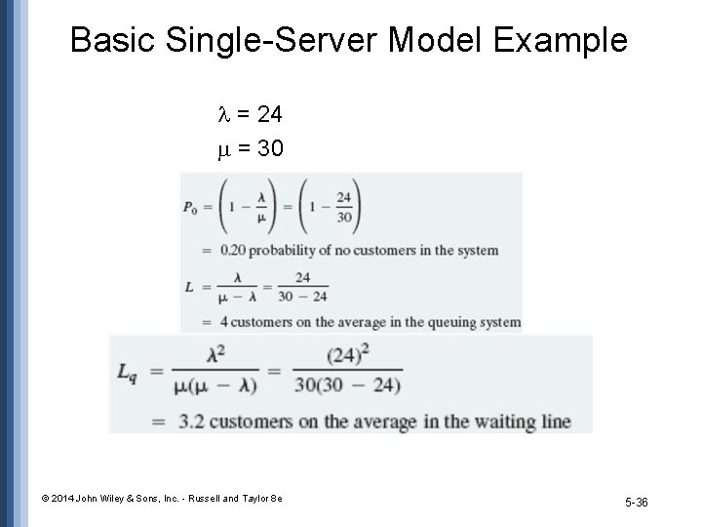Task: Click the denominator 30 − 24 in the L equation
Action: coord(303,297)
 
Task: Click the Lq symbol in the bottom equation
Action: coord(128,373)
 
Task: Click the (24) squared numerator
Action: coord(347,358)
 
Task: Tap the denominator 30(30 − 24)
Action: coord(347,385)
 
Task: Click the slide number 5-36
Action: coord(636,502)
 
